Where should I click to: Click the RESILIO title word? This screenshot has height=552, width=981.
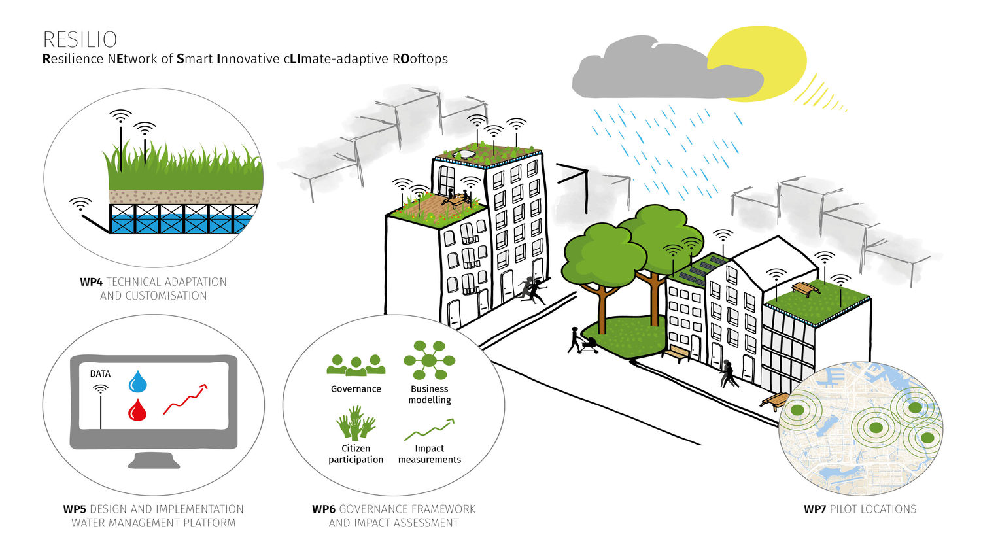(80, 40)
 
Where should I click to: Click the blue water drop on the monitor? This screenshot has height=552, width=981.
(137, 381)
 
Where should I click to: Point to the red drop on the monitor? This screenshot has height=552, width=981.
(137, 410)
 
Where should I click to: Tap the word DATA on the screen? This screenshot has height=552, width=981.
(100, 373)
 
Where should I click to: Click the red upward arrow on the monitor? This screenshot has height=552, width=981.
(185, 399)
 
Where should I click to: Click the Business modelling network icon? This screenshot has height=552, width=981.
(429, 360)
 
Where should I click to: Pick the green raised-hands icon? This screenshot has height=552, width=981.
(356, 423)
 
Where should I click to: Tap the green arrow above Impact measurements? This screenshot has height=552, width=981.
(429, 429)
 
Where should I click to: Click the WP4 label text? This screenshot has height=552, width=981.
(91, 282)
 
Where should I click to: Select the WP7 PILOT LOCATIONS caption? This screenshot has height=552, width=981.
(860, 509)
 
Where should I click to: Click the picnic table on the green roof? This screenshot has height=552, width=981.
(805, 289)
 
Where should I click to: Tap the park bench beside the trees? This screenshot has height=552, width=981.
(677, 353)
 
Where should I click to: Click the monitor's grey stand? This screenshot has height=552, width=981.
(154, 460)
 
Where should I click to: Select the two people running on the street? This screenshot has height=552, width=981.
(532, 290)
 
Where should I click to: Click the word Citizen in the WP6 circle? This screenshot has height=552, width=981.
(356, 448)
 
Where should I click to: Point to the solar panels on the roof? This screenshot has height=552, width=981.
(700, 268)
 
